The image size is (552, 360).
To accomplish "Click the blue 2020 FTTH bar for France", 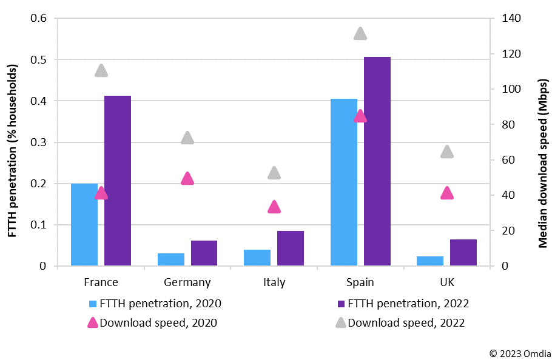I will coord(84,224).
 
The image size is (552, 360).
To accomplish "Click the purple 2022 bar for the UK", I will coord(463,253).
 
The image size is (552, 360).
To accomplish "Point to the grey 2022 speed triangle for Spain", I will coord(360,34).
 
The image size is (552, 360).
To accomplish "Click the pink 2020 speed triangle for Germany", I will coord(187,179).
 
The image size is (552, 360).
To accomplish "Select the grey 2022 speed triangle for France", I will coord(101,71).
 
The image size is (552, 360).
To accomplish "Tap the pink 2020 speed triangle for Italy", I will coord(274,207).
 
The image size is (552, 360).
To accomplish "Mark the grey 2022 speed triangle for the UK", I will coord(447,152).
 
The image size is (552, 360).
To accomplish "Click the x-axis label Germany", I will coord(187,282).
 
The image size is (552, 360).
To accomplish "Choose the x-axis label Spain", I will coord(360,282).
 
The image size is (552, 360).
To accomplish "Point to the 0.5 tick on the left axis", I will coord(39,59).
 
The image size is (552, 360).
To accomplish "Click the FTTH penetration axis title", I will coord(13,143).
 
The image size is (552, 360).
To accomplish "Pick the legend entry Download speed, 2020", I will coord(158,323).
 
